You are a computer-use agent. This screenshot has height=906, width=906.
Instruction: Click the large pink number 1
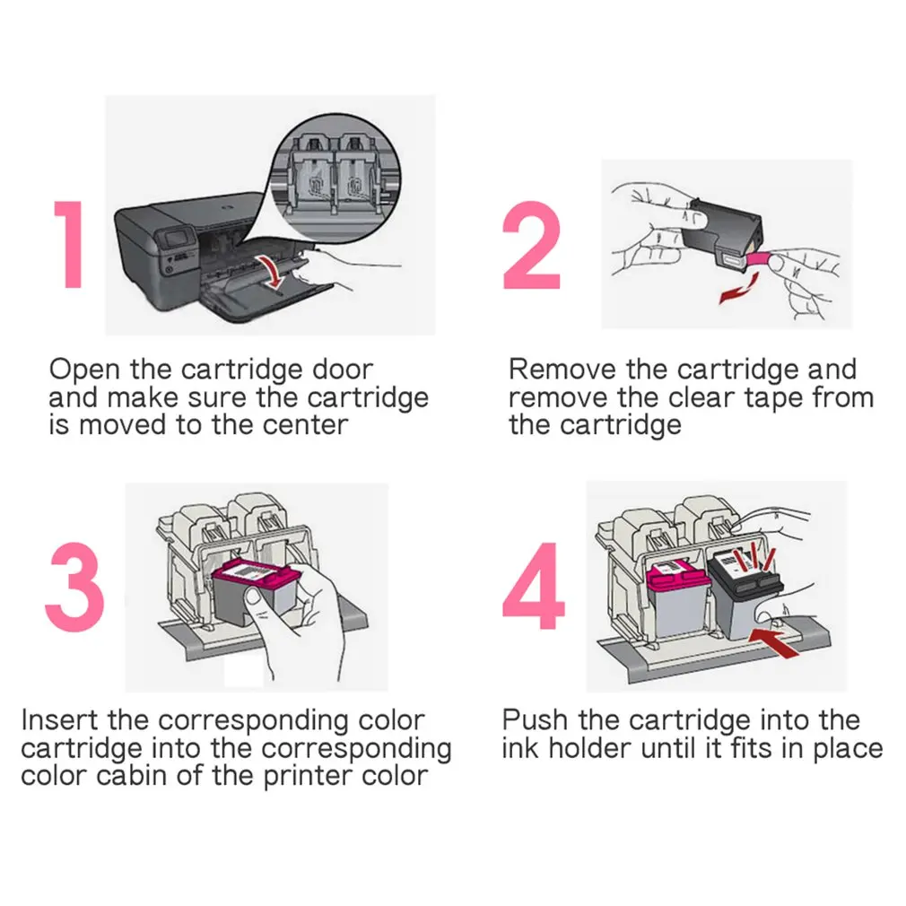point(71,244)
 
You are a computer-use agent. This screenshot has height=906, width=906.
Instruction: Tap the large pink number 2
point(532,245)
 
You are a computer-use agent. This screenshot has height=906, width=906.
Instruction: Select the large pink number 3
point(75,586)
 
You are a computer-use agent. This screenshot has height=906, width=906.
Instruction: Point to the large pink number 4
point(534,586)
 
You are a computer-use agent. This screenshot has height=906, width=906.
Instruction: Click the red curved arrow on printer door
point(273,272)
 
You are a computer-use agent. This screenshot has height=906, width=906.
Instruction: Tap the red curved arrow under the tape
point(738,288)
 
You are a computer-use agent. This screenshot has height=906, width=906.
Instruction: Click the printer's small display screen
point(176,238)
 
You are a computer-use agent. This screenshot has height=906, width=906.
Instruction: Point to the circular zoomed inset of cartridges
point(336,177)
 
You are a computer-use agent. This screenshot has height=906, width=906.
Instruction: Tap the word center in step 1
point(305,425)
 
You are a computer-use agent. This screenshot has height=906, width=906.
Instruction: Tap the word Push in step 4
point(535,720)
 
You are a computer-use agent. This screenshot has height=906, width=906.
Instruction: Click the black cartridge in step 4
point(745,595)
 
